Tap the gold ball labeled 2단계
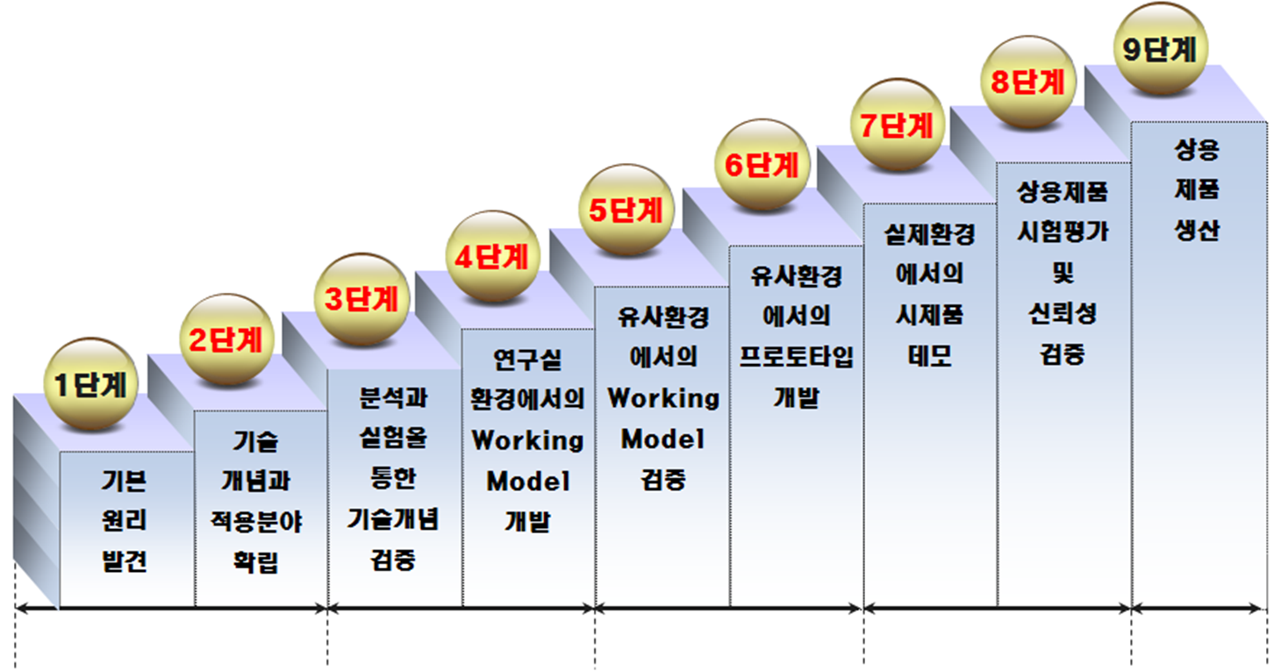click(225, 339)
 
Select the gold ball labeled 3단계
click(361, 299)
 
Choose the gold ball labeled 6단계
click(761, 165)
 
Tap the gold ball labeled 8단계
click(1027, 82)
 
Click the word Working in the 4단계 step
click(527, 439)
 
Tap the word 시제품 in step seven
click(929, 315)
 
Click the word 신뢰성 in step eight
click(1063, 313)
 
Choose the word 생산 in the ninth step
click(1197, 231)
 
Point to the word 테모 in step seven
click(929, 355)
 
